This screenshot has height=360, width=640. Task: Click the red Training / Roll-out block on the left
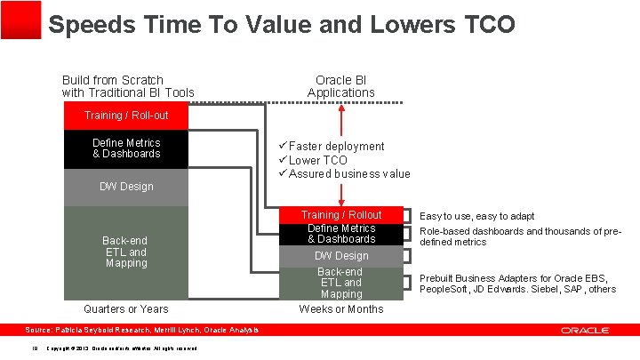126,116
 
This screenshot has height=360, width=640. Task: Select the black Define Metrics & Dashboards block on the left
126,148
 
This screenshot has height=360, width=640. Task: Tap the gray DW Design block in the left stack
126,187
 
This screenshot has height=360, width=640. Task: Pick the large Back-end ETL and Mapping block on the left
126,252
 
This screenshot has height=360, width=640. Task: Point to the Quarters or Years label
125,309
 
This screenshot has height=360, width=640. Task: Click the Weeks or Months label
341,309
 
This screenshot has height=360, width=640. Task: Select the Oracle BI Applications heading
341,86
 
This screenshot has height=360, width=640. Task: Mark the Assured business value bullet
348,174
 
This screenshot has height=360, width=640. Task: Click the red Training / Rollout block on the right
341,215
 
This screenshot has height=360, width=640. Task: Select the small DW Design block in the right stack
341,256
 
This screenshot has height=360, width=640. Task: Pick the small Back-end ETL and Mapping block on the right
341,283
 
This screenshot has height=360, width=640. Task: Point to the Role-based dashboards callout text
520,236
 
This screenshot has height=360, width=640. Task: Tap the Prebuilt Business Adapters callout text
517,283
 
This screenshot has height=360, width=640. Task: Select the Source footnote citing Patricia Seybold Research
142,331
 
